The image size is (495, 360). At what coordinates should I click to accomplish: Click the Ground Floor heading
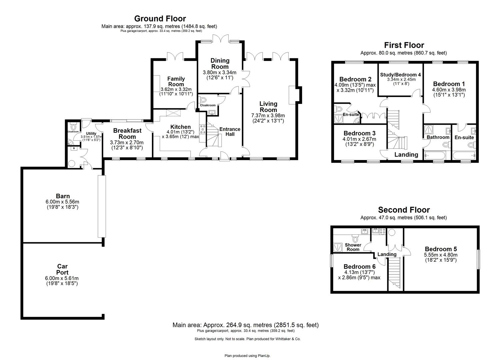click(x=160, y=19)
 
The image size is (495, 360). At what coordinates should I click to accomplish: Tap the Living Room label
click(x=268, y=107)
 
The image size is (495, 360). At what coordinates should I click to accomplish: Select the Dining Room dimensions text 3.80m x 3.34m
click(x=219, y=72)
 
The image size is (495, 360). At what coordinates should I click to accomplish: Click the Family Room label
click(x=176, y=81)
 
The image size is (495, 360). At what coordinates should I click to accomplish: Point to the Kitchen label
click(x=180, y=127)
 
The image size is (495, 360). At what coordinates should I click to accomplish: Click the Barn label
click(x=63, y=196)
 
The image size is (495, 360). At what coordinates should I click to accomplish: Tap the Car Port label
click(x=62, y=269)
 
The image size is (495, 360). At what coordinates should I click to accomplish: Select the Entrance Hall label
click(x=230, y=132)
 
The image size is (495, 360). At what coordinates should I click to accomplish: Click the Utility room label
click(x=91, y=134)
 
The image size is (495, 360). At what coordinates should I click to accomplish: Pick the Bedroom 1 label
click(x=449, y=84)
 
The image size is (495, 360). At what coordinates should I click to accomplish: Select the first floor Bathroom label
click(x=438, y=137)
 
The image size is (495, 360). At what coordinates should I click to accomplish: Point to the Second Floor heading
click(x=403, y=210)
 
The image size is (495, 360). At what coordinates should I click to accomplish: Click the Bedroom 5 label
click(x=441, y=249)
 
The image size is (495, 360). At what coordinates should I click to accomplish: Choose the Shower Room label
click(x=353, y=247)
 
